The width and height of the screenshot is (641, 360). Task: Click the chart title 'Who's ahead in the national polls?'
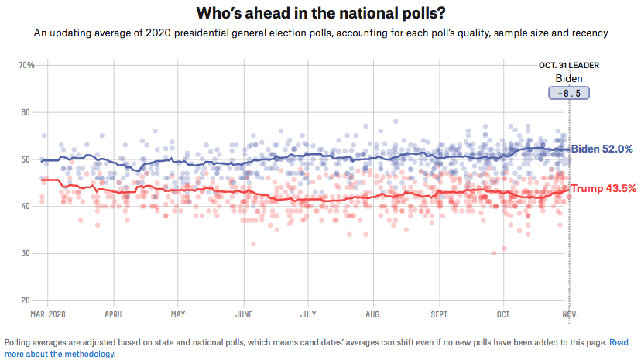320,13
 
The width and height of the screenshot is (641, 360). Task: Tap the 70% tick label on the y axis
26,65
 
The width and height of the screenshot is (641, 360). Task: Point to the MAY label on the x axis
178,315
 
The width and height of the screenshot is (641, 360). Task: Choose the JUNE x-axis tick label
244,315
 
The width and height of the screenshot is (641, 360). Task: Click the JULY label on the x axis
308,315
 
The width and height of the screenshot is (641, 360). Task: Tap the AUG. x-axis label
374,315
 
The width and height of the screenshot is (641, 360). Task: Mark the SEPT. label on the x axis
440,315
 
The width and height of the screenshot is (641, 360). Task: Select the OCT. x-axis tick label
504,315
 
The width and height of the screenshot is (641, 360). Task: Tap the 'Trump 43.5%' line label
604,188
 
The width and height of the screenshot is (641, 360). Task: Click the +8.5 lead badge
569,93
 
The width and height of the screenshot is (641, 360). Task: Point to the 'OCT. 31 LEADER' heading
569,65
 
